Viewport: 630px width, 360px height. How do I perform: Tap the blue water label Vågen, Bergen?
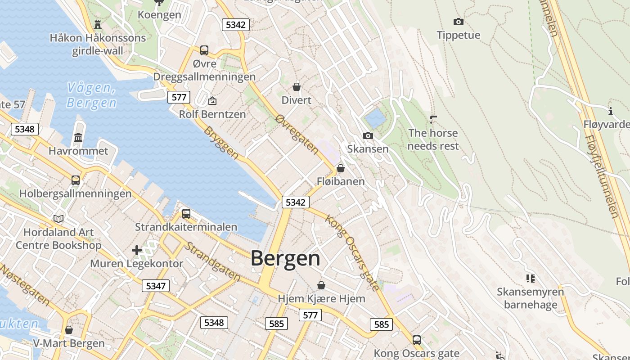(91, 95)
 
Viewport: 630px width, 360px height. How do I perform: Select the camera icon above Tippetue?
(458, 22)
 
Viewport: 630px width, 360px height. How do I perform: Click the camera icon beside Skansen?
(368, 136)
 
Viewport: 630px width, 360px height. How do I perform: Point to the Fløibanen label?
(341, 181)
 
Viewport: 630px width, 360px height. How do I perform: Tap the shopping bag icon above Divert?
(296, 86)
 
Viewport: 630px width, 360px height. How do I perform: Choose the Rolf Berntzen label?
(212, 114)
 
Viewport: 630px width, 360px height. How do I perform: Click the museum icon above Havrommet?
(78, 137)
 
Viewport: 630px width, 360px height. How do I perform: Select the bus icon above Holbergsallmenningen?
(76, 180)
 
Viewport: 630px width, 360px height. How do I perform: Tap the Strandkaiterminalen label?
(186, 226)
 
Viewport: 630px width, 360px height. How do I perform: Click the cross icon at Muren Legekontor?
(137, 250)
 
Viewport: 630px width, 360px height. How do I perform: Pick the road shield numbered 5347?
(156, 286)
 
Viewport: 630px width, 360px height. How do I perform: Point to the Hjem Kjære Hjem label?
(321, 298)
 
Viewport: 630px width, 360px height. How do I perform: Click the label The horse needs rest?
(433, 139)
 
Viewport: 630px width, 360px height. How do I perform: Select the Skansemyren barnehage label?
(530, 298)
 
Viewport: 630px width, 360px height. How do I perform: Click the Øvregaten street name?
(297, 134)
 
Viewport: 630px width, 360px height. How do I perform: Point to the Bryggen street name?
(221, 143)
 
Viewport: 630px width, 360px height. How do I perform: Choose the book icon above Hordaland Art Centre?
(58, 219)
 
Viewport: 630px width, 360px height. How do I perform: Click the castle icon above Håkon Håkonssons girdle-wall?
(98, 24)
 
